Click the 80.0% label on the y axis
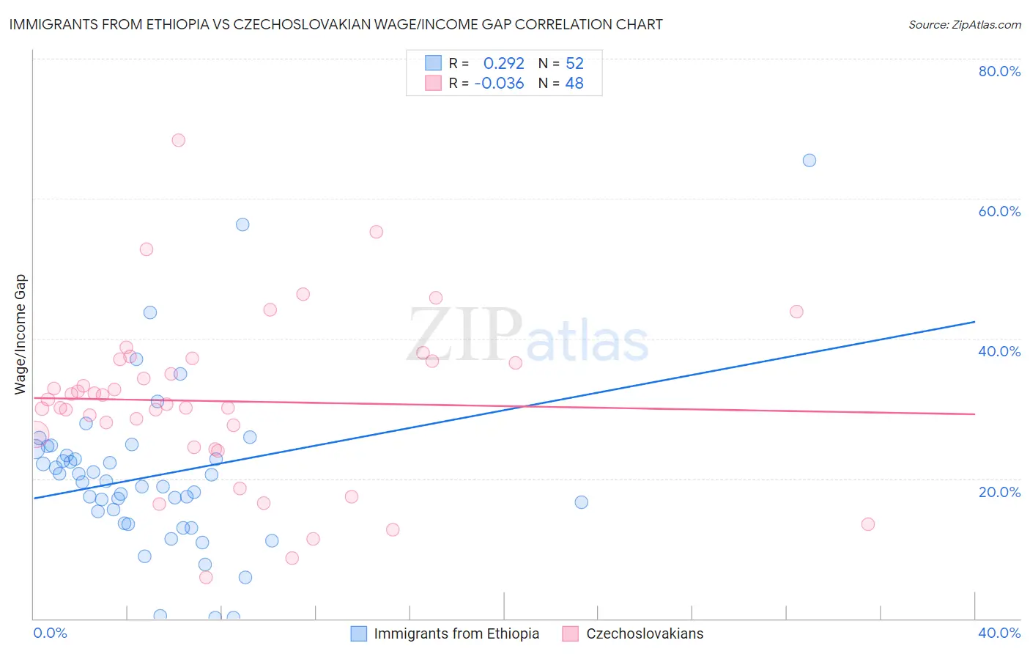(998, 71)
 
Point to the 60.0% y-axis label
(998, 211)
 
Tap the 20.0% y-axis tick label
(998, 492)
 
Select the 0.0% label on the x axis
(50, 633)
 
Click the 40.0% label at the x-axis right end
(998, 633)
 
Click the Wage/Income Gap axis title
(21, 334)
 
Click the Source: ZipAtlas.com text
(964, 25)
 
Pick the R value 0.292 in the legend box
(503, 64)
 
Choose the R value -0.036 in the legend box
(499, 84)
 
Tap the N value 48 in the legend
(574, 84)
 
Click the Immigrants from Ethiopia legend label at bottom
(456, 633)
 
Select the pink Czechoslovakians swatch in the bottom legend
(570, 633)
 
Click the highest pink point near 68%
(178, 140)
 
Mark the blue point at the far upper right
(809, 161)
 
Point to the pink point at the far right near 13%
(867, 524)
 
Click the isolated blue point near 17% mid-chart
(581, 502)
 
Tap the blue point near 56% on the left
(242, 224)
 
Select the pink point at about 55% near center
(376, 232)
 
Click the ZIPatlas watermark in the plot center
(527, 337)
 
